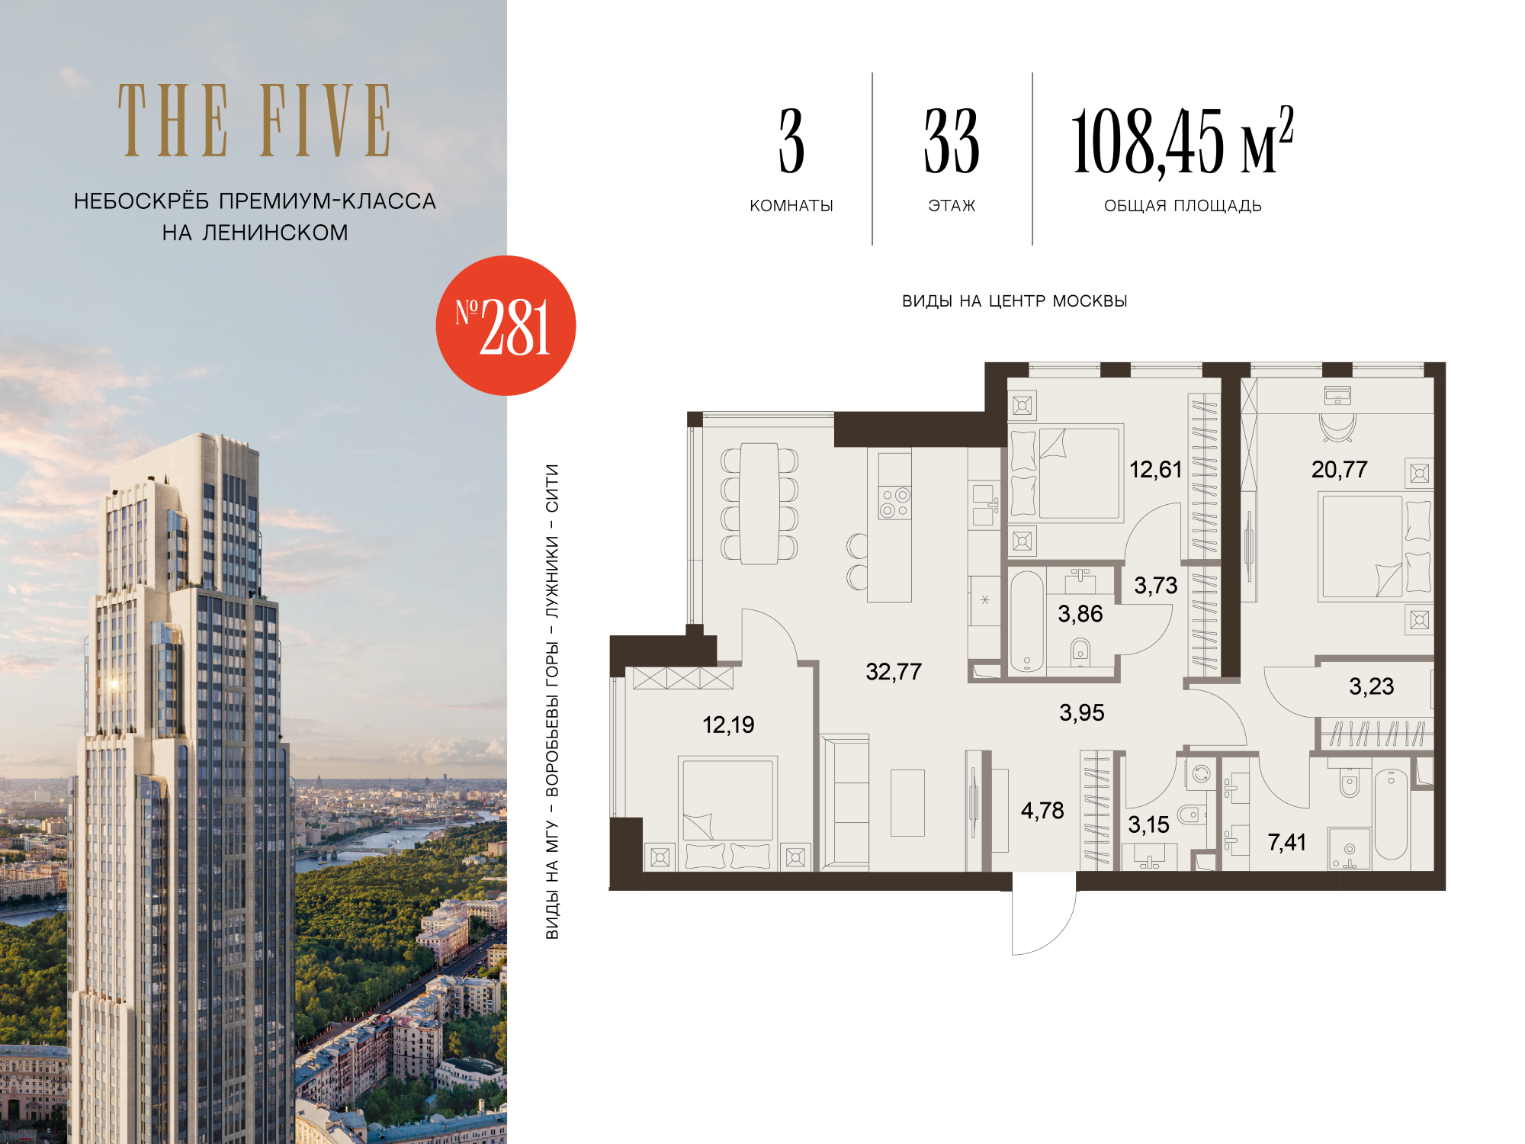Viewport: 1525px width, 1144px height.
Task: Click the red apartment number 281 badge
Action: tap(506, 326)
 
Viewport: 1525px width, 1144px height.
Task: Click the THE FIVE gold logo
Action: tap(255, 121)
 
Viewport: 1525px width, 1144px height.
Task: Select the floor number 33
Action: tap(952, 141)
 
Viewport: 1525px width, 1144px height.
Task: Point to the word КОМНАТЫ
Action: tap(791, 206)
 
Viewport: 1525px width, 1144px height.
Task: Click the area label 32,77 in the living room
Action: tap(894, 672)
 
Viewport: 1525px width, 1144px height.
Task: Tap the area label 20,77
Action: tap(1339, 470)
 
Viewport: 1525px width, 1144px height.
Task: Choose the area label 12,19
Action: tap(728, 725)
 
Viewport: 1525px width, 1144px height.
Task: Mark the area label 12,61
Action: tap(1155, 470)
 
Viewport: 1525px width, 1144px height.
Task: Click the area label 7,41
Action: tap(1286, 843)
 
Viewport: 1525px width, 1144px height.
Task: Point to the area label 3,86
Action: tap(1080, 614)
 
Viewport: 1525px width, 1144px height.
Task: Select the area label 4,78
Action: tap(1042, 811)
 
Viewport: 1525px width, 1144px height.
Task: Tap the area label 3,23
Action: tap(1371, 687)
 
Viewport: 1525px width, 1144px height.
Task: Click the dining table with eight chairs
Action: tap(759, 503)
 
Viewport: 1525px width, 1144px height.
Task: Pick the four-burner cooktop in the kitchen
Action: tap(894, 503)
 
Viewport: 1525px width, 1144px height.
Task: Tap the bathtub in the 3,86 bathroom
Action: tap(1026, 622)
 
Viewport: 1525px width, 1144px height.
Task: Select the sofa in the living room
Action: tap(845, 802)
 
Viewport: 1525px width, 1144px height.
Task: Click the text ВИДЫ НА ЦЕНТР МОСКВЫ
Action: tap(1014, 301)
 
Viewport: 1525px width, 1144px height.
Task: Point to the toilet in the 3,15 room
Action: tap(1191, 815)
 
